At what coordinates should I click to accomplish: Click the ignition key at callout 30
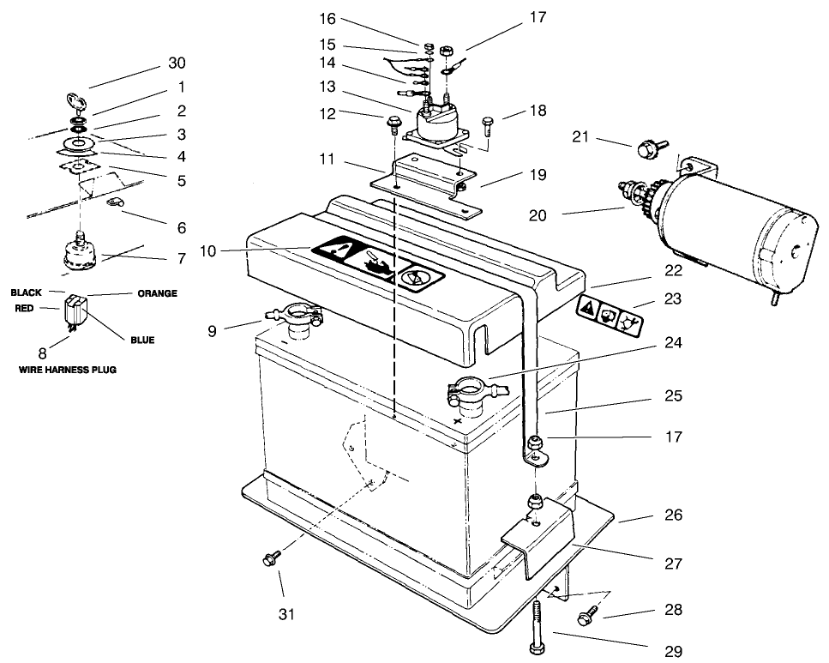coord(75,103)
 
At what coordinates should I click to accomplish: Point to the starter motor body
coord(737,227)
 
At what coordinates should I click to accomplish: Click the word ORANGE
coord(157,293)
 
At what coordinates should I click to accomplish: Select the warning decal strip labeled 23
coord(611,314)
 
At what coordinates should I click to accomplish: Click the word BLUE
coord(142,341)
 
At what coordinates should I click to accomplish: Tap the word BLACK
coord(26,292)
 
